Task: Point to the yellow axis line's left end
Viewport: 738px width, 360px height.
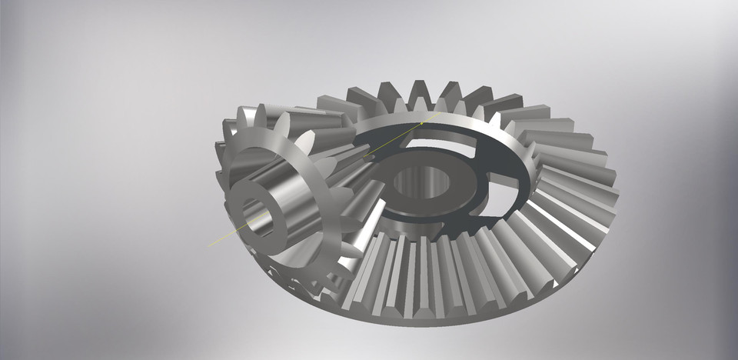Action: pyautogui.click(x=211, y=246)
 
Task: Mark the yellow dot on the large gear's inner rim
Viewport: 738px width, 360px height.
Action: pyautogui.click(x=421, y=123)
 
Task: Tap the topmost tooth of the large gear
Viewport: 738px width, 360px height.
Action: pyautogui.click(x=422, y=90)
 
